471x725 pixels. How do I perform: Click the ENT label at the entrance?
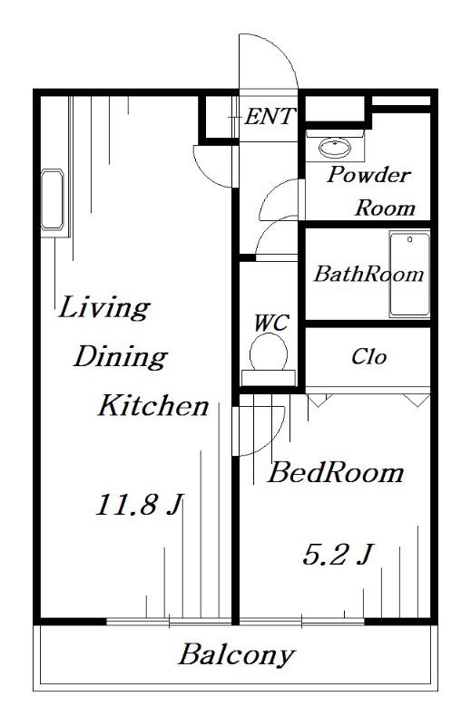(x=270, y=117)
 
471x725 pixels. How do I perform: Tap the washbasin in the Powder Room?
(x=335, y=148)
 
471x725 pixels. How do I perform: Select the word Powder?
(x=368, y=175)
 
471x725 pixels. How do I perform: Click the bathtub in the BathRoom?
(x=409, y=275)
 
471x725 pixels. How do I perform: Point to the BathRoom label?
(x=368, y=275)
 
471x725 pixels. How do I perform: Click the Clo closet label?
(x=368, y=356)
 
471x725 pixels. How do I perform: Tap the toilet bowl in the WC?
(x=268, y=353)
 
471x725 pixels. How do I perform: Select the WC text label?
(x=271, y=323)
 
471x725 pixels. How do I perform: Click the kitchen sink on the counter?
(x=52, y=199)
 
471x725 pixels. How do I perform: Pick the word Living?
(x=103, y=307)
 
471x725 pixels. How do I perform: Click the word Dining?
(x=121, y=356)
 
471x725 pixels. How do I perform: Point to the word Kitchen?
(x=153, y=405)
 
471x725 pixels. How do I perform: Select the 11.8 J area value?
(x=140, y=504)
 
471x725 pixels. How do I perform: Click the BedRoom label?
(x=335, y=473)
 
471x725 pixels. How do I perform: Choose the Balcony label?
(x=236, y=654)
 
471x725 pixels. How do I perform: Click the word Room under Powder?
(x=385, y=208)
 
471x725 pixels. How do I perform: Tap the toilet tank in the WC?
(x=268, y=378)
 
